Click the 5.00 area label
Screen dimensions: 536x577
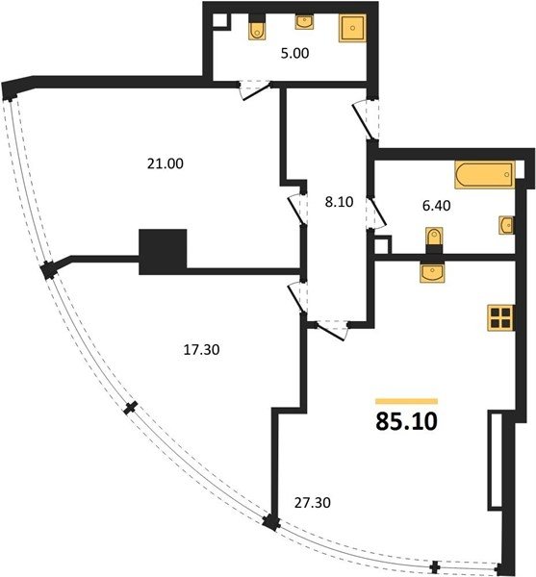tap(294, 53)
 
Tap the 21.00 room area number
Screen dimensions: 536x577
tap(166, 163)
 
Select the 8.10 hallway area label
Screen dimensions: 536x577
tap(339, 202)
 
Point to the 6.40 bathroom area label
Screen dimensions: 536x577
tap(436, 206)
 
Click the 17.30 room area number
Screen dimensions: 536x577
tap(201, 350)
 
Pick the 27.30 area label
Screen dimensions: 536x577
tap(312, 502)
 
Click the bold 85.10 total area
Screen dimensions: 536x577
tap(406, 421)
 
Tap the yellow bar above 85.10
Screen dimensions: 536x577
tap(406, 401)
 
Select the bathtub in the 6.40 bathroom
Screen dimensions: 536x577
tap(484, 175)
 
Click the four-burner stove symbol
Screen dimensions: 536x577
tap(500, 318)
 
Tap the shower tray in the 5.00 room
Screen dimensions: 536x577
tap(352, 28)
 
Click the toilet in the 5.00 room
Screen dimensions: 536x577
tap(256, 27)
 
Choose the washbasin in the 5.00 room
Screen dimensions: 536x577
tap(304, 21)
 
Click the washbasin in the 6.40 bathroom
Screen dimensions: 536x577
tap(507, 225)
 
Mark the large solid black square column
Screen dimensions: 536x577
tap(163, 252)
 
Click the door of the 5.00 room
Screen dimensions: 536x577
tap(255, 89)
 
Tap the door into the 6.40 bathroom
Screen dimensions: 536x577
tap(376, 213)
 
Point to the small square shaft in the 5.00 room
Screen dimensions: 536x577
tap(220, 20)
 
